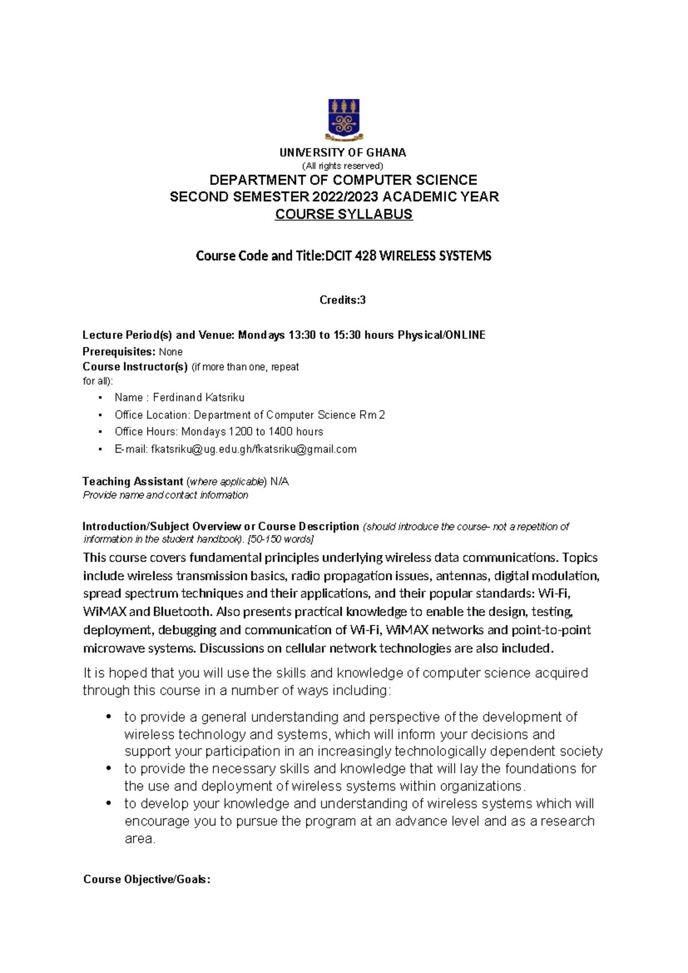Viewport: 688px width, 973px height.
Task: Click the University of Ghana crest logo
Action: [x=343, y=119]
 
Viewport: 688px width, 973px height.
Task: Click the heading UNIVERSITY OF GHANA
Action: [x=343, y=153]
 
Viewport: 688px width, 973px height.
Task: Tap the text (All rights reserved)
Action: [x=343, y=166]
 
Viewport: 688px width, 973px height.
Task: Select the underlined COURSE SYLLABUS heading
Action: [x=343, y=214]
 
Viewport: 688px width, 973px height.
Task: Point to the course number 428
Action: [x=366, y=256]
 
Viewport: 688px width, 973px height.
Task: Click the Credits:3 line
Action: [x=342, y=300]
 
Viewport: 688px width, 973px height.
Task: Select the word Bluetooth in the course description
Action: [x=182, y=612]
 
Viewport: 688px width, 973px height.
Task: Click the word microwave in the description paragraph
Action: [x=107, y=648]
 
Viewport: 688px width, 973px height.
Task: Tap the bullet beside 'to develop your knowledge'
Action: [x=108, y=803]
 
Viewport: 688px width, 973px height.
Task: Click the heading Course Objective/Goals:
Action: [x=147, y=879]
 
